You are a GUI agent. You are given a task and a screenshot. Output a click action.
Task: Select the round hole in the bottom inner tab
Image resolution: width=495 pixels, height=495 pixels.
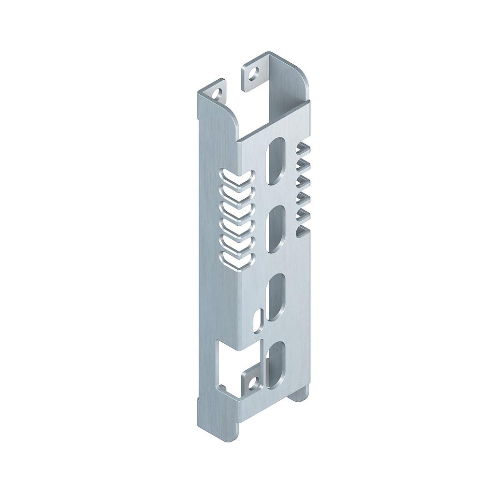pos(252,383)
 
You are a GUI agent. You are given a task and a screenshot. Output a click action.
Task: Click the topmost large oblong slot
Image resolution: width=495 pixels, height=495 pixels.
pos(276,160)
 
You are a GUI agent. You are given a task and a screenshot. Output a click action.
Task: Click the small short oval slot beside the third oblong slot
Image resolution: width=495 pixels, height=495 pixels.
pos(259,317)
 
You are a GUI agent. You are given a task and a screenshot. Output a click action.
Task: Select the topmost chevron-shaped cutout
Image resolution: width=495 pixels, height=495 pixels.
pos(236,178)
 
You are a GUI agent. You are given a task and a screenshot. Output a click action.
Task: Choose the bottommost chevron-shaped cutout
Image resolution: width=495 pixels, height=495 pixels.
pos(236,261)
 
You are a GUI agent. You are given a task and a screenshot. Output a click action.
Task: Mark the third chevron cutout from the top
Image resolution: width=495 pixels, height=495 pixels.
pos(236,211)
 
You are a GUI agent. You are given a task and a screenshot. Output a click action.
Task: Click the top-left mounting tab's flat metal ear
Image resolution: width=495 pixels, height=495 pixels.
pos(213,92)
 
